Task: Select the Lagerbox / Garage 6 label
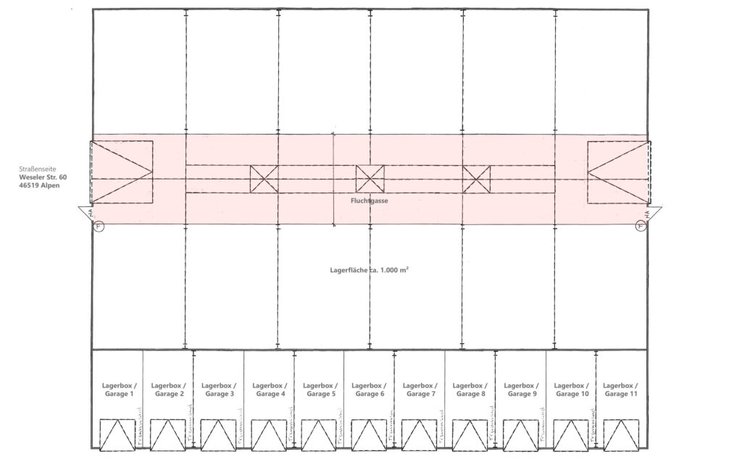pos(368,389)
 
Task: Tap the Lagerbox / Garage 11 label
pos(620,389)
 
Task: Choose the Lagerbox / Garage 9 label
pos(520,389)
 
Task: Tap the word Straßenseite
pos(38,168)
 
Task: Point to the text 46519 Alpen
pos(41,185)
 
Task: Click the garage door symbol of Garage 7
pos(419,434)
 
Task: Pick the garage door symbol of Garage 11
pos(620,434)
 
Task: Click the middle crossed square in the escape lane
pos(370,179)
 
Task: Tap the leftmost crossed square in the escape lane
pos(264,179)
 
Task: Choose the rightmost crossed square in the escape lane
pos(476,179)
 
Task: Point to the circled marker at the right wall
pos(641,225)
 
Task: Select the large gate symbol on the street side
pos(121,172)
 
